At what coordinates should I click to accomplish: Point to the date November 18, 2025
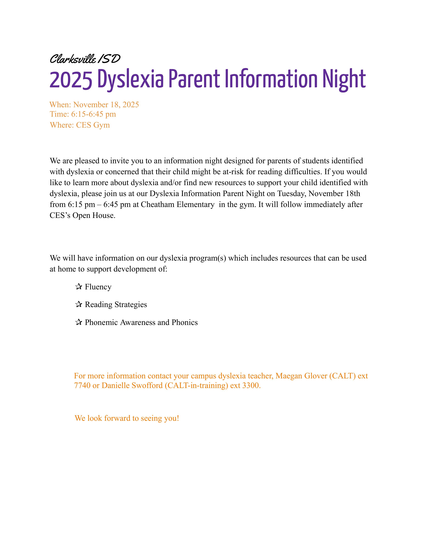[106, 105]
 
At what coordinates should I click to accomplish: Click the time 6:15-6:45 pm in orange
[94, 114]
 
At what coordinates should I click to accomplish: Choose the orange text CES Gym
[93, 125]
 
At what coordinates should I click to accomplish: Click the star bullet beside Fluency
[78, 287]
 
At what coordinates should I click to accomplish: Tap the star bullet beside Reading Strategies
[78, 304]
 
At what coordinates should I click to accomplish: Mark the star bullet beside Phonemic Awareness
[78, 322]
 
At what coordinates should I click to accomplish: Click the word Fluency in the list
[98, 287]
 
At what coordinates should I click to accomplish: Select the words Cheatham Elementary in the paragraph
[178, 205]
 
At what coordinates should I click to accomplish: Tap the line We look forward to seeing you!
[127, 418]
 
